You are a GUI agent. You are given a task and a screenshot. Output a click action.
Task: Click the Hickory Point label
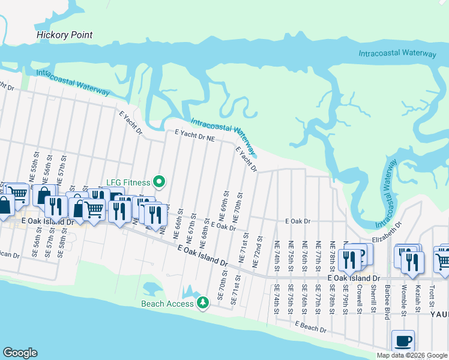tap(64, 35)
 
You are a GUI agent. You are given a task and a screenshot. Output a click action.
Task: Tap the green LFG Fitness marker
tap(159, 181)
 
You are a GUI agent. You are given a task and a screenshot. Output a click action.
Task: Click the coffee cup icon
tap(403, 341)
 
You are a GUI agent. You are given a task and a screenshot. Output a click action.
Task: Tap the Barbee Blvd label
tap(387, 298)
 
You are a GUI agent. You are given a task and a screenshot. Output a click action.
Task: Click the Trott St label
tap(432, 295)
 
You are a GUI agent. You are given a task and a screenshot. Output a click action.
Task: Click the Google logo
tap(20, 352)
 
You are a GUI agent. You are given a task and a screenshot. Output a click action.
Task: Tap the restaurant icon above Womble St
tap(412, 262)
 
